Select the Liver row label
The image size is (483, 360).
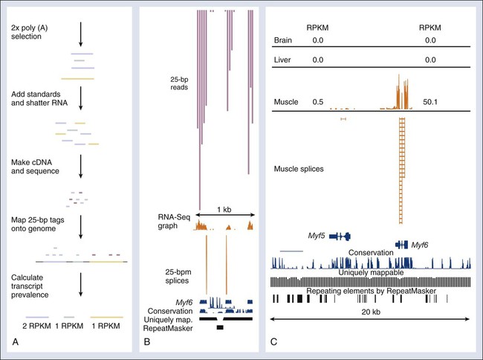click(283, 59)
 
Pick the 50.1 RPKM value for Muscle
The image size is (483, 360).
click(432, 99)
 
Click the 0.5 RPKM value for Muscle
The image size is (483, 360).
click(317, 99)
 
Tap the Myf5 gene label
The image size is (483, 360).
click(319, 235)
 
